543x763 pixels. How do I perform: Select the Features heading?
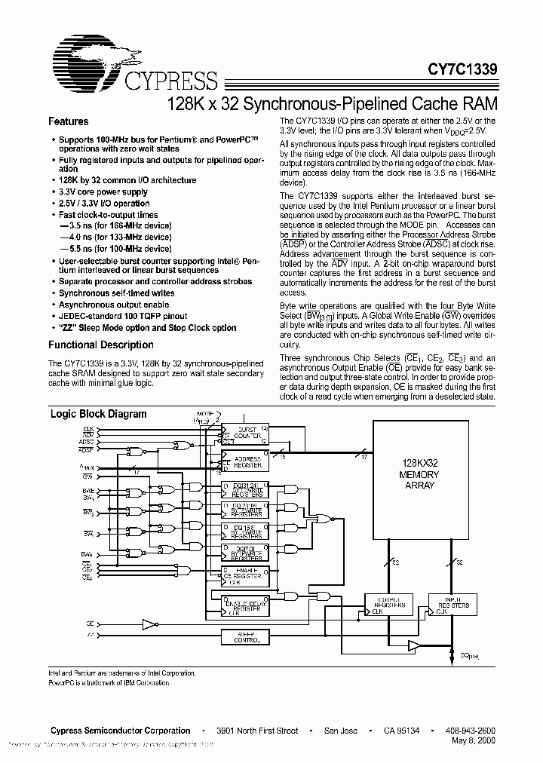coord(69,121)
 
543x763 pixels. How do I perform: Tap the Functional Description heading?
coord(101,345)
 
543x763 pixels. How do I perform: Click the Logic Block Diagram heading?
coord(98,414)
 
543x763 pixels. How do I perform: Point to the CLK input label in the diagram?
coord(88,428)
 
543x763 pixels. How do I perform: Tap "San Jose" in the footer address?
coord(340,731)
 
